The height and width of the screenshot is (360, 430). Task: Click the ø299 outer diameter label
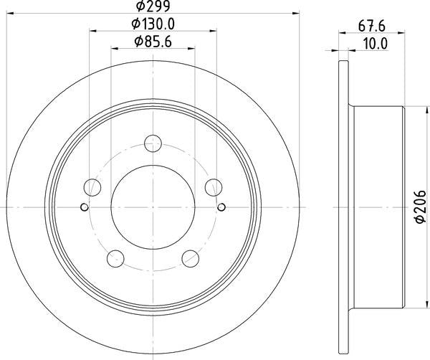(153, 8)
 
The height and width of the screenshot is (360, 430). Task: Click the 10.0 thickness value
(376, 44)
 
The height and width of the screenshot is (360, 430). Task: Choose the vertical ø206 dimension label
(421, 208)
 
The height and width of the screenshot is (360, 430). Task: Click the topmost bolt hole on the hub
(152, 143)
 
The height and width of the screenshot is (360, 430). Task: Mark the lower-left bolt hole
(115, 257)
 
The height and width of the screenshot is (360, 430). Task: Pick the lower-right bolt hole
(189, 257)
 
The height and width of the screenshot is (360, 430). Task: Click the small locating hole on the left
(84, 208)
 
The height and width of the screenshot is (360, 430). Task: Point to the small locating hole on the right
(221, 208)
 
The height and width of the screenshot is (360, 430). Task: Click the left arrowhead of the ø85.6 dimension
(115, 47)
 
